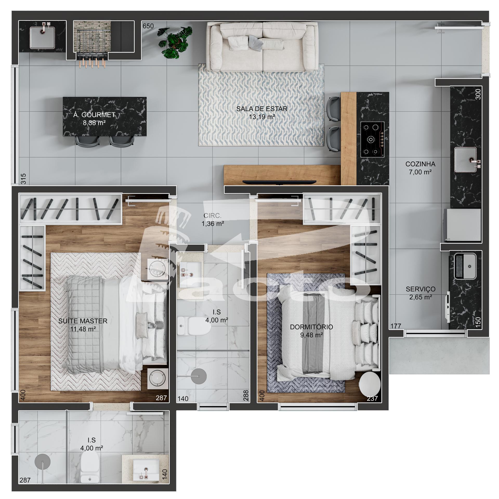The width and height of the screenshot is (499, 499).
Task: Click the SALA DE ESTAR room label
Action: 262,109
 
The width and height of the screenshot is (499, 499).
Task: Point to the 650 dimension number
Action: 148,26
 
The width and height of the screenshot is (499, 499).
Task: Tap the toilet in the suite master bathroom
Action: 89,470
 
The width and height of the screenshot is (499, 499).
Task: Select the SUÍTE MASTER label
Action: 83,321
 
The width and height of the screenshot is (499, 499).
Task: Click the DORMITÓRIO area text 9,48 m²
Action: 312,335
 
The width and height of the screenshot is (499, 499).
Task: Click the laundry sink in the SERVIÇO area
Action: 465,266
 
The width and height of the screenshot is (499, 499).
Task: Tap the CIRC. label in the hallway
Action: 212,215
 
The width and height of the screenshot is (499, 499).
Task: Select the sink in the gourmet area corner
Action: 42,37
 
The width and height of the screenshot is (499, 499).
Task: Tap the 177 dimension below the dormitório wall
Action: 396,326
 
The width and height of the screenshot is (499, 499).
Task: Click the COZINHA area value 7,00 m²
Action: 420,172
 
